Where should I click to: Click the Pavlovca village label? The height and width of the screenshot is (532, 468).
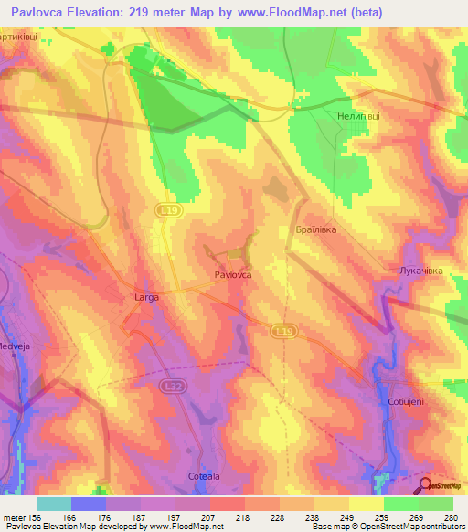point(233,274)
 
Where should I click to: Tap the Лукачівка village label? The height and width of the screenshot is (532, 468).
point(421,271)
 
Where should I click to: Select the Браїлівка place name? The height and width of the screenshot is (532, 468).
point(316,229)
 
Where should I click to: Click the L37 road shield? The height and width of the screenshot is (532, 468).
point(169,388)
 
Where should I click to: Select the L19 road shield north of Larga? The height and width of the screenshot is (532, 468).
point(174,210)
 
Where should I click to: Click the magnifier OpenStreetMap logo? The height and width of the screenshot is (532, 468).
point(426,486)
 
